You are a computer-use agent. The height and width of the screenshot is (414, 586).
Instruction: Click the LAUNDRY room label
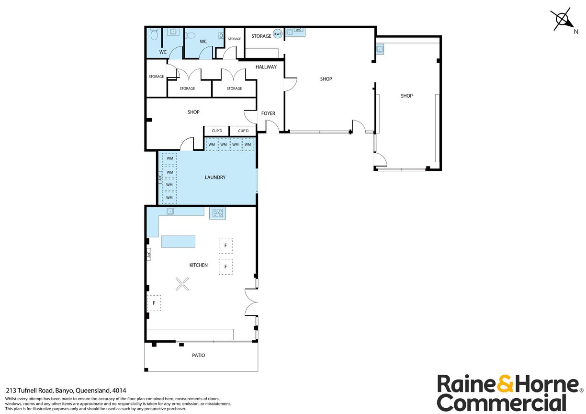pyautogui.click(x=215, y=178)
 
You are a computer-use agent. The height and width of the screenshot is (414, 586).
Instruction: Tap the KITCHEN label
pyautogui.click(x=198, y=265)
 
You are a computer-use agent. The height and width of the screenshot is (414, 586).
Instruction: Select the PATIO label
pyautogui.click(x=198, y=355)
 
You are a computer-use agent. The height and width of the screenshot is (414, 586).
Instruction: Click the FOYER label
pyautogui.click(x=268, y=113)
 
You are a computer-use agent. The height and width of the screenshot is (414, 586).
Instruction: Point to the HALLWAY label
pyautogui.click(x=266, y=67)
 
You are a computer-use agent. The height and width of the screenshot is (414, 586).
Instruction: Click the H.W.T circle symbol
pyautogui.click(x=277, y=34)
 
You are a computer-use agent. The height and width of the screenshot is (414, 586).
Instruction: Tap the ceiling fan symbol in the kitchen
pyautogui.click(x=182, y=285)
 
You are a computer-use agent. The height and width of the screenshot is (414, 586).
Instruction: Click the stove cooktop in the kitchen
pyautogui.click(x=217, y=213)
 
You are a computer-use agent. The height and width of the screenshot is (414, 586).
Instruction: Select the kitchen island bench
pyautogui.click(x=179, y=242)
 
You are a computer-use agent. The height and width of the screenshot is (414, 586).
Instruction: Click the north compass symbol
pyautogui.click(x=562, y=20)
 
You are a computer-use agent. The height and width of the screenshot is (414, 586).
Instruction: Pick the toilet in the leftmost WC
pyautogui.click(x=154, y=35)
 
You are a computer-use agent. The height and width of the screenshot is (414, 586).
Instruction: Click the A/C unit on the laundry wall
pyautogui.click(x=160, y=178)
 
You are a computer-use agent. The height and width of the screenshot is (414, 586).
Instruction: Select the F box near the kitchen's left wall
pyautogui.click(x=154, y=303)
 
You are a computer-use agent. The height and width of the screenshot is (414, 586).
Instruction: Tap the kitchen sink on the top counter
pyautogui.click(x=170, y=211)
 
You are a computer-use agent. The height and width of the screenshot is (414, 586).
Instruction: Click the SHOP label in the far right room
pyautogui.click(x=406, y=96)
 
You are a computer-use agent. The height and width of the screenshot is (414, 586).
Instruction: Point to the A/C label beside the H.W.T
pyautogui.click(x=299, y=30)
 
